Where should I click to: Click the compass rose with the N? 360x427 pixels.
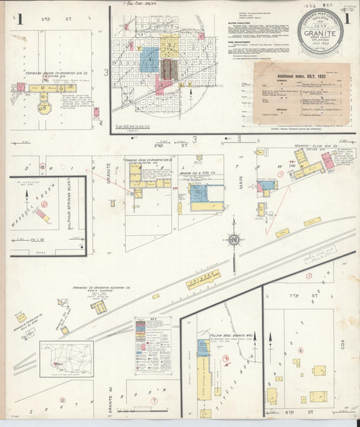pos(234,240)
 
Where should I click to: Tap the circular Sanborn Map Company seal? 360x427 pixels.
pos(320,31)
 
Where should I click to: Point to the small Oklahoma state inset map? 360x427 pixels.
pos(66,358)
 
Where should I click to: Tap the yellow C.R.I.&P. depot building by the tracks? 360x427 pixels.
pos(203,279)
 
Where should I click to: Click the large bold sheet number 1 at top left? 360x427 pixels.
pos(20,18)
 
